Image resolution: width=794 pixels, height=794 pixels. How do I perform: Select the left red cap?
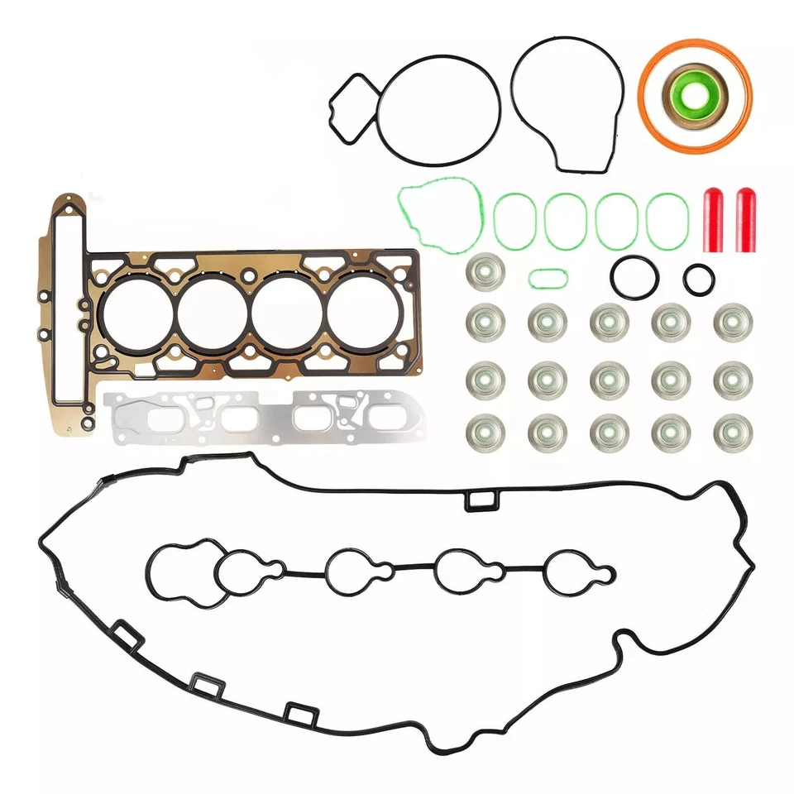(713, 220)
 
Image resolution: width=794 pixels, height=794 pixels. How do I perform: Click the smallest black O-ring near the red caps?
(698, 279)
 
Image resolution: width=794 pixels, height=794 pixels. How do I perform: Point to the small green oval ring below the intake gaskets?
(547, 278)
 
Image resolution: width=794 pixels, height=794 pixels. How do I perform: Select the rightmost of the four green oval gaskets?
(667, 222)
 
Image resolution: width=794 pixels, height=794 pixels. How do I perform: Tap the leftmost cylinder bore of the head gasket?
(136, 312)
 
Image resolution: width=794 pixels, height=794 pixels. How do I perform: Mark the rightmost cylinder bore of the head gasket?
(364, 312)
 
